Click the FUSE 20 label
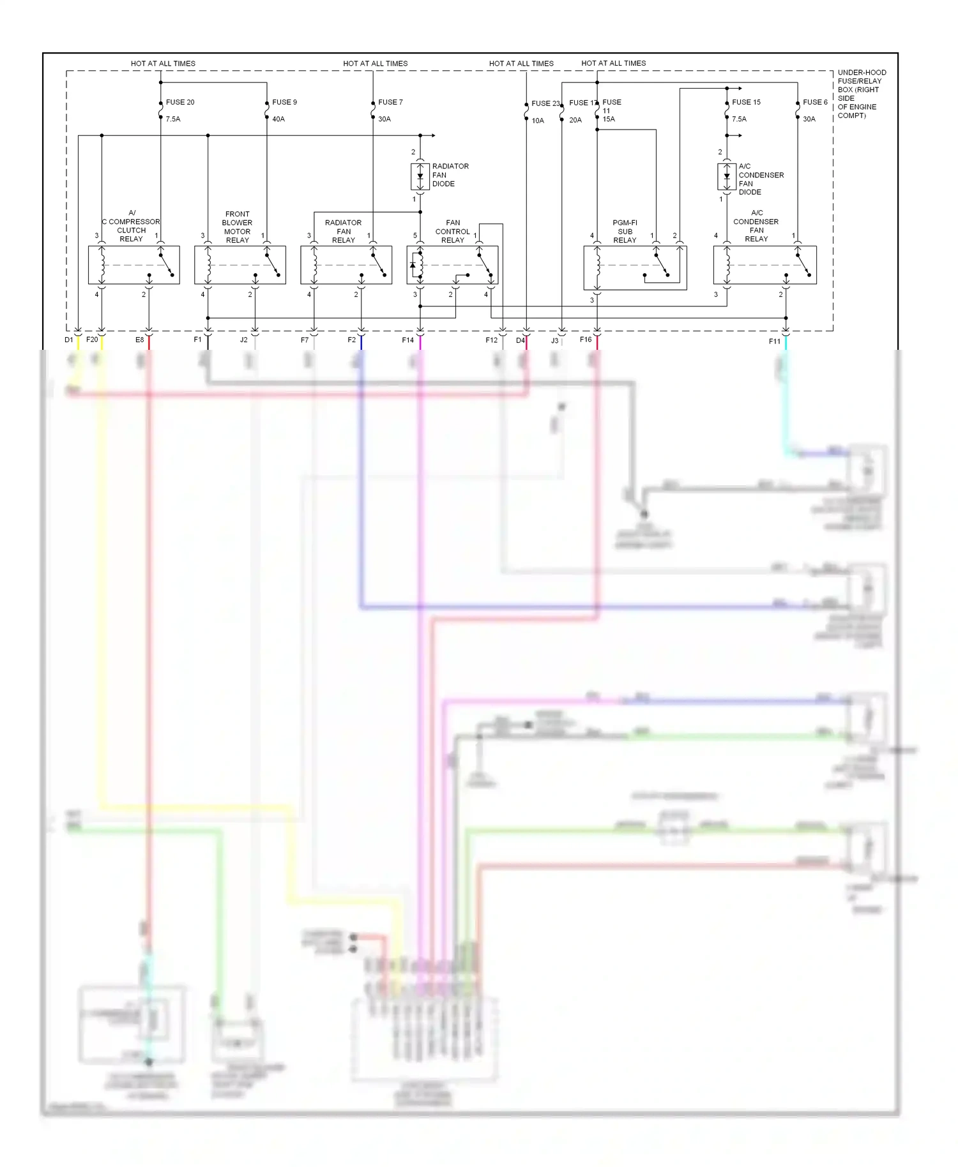pos(179,102)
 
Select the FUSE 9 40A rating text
pos(278,119)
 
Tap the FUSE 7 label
pos(390,102)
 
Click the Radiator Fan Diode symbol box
pos(420,177)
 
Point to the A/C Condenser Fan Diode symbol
pos(727,177)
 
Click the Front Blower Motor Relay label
pos(237,227)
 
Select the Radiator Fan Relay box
pos(346,265)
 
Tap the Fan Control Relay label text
pos(452,231)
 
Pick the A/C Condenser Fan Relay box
pos(764,265)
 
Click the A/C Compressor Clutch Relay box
pos(133,265)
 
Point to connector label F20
pos(92,340)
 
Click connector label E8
pos(139,340)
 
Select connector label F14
pos(407,340)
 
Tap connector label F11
pos(774,342)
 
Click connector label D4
pos(520,340)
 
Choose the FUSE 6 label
pos(815,102)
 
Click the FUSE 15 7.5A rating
pos(739,119)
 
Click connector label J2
pos(243,340)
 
